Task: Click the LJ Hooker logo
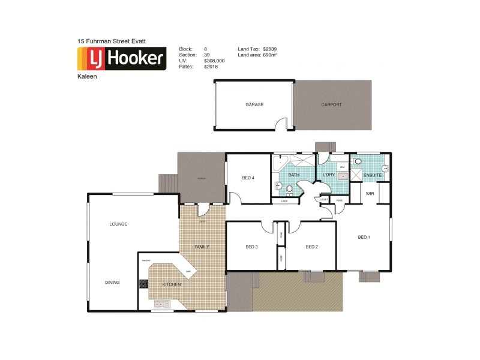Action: click(122, 58)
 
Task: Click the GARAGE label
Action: click(254, 104)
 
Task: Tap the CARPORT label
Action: click(331, 104)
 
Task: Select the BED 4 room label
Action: click(248, 178)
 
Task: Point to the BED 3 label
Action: click(251, 247)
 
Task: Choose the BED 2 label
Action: click(311, 247)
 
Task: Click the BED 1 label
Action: click(364, 237)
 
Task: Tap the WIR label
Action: click(370, 194)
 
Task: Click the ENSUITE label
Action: click(372, 175)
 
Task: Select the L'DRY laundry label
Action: click(329, 175)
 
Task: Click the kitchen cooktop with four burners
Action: click(144, 284)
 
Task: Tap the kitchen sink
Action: click(162, 304)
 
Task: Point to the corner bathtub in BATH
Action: click(280, 164)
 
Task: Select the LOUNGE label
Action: click(118, 224)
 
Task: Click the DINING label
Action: click(112, 282)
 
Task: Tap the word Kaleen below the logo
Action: click(86, 76)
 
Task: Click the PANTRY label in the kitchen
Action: click(146, 260)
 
